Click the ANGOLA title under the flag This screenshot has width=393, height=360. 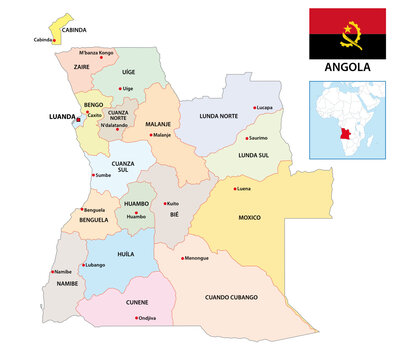[348, 68]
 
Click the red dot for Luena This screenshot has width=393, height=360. [236, 188]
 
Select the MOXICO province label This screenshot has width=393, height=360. [248, 215]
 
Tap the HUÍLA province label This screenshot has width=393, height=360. [125, 254]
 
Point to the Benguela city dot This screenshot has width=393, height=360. [83, 210]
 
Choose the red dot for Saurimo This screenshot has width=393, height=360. [246, 138]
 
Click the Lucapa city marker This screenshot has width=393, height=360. [254, 106]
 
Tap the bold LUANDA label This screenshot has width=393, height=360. [61, 116]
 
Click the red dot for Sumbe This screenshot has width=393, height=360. [92, 175]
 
